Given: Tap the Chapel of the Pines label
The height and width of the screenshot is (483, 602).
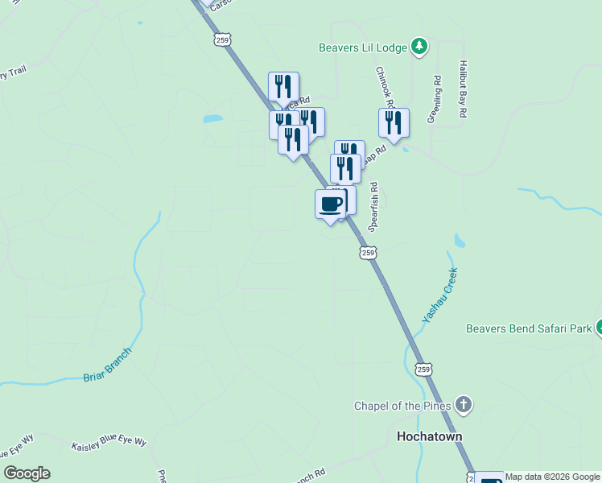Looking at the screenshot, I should [402, 405].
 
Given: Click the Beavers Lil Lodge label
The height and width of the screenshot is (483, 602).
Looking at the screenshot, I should [362, 47].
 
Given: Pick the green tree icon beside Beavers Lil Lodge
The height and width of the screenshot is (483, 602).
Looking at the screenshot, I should [419, 47].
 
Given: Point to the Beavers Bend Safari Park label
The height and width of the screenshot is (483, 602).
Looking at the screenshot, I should [528, 328].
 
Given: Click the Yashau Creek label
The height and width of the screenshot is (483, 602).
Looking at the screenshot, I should [439, 295].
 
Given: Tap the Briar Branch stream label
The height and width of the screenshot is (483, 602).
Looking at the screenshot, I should [107, 365].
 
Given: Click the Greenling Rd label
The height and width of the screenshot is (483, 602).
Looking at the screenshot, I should [434, 100].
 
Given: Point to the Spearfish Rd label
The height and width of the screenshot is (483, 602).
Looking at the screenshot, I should [373, 207].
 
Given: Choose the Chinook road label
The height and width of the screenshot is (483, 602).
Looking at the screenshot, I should [384, 86].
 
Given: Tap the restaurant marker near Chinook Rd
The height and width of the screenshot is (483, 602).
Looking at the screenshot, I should [394, 122].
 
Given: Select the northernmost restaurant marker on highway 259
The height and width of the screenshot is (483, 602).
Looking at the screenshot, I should [283, 86].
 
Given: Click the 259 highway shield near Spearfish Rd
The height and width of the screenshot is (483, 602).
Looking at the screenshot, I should [367, 253].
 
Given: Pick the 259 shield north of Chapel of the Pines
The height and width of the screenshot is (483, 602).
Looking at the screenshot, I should [423, 369].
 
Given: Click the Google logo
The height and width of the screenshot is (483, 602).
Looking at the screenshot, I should [27, 473].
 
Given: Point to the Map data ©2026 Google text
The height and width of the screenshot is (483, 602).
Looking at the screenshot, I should [552, 477].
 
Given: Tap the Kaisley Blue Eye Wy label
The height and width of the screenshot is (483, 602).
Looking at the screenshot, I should [109, 444].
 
